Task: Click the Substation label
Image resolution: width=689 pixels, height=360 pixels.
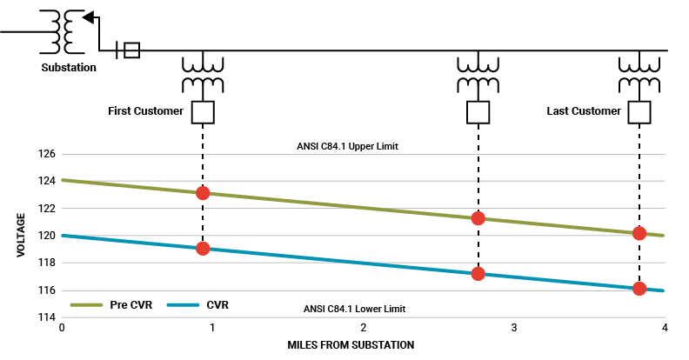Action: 69,68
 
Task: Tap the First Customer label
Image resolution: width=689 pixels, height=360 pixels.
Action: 145,111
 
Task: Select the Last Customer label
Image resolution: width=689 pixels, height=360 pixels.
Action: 584,111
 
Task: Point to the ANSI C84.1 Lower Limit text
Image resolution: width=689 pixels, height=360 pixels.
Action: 354,309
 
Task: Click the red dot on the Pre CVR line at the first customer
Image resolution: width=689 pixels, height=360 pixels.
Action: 203,193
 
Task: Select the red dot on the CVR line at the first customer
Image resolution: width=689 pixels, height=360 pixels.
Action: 203,249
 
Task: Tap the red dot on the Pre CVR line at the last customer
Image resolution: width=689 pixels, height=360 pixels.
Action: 639,233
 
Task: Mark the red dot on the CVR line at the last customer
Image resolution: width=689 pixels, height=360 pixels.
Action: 639,289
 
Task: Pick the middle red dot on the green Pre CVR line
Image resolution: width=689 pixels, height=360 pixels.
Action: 478,218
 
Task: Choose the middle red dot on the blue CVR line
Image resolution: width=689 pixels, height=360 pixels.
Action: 478,274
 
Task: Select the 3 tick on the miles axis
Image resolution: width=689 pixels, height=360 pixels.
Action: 514,329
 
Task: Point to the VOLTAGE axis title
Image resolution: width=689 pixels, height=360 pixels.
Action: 20,236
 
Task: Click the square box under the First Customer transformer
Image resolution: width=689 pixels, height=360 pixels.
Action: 203,113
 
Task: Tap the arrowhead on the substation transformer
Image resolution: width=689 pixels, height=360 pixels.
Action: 88,17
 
